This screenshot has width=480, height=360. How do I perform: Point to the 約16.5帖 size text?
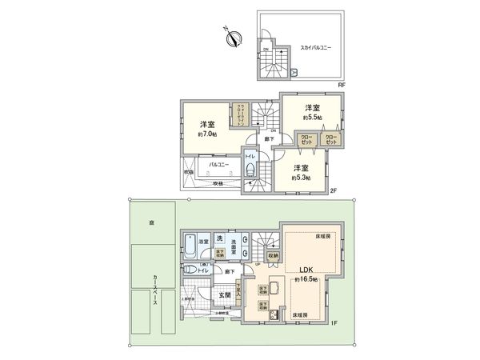(x=305, y=280)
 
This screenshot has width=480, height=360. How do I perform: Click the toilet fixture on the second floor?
(x=250, y=169)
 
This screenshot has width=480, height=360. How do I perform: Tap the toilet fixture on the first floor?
(x=189, y=271)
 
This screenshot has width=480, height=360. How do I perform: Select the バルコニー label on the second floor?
(x=216, y=164)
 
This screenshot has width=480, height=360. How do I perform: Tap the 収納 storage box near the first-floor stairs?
(x=272, y=256)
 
